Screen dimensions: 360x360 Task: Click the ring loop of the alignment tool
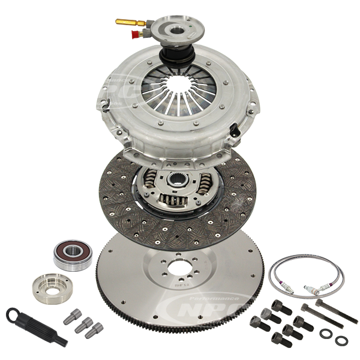click(13, 313)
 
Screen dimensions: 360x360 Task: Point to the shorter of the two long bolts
click(313, 313)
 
